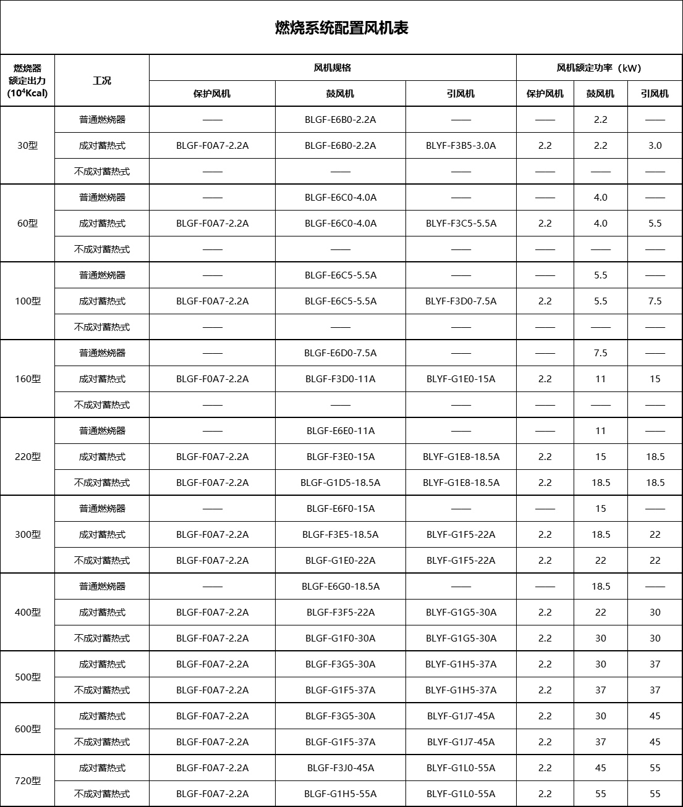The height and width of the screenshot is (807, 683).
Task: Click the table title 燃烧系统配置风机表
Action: pos(341,28)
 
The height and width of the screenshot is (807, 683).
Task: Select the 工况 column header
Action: pos(102,81)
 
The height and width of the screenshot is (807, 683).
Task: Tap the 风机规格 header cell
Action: pos(333,68)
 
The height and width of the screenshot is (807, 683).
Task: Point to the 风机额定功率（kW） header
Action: pos(599,68)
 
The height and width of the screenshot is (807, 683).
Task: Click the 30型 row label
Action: pos(27,146)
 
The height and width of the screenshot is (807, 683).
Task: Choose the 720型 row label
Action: pos(27,780)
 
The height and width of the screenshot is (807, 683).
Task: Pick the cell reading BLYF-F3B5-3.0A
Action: pos(460,146)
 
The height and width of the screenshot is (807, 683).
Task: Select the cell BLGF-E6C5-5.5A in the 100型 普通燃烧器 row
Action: pos(340,275)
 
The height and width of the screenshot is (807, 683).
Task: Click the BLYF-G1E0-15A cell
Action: pos(460,379)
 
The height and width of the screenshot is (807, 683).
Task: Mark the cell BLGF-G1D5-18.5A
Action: pos(340,483)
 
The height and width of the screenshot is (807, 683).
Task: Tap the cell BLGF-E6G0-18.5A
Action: pos(340,587)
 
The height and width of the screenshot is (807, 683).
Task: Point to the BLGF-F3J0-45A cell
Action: pos(340,768)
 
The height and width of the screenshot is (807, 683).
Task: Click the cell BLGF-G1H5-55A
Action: pos(340,794)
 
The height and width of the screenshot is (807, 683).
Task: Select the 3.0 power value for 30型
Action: pos(655,146)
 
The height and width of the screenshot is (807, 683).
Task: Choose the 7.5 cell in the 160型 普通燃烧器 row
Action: pos(600,353)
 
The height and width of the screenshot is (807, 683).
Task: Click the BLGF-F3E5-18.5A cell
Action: pos(340,535)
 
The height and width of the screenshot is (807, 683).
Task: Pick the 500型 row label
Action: pos(27,677)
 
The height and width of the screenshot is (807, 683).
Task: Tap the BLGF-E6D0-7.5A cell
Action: pos(340,353)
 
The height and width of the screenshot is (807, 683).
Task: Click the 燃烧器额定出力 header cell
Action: pos(27,81)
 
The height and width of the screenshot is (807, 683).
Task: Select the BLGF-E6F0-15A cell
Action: pos(340,509)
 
